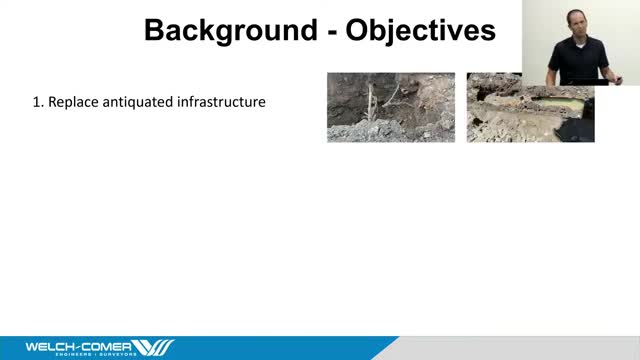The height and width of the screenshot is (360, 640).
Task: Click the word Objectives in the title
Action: click(420, 30)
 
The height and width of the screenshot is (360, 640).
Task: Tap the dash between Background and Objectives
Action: click(325, 32)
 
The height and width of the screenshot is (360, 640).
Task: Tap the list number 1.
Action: click(38, 102)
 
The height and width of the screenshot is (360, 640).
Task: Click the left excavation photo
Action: click(390, 107)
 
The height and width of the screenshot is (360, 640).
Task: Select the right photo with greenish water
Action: click(530, 107)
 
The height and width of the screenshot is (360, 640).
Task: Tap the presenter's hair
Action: click(579, 8)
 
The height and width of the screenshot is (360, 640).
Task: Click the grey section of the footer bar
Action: click(520, 348)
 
